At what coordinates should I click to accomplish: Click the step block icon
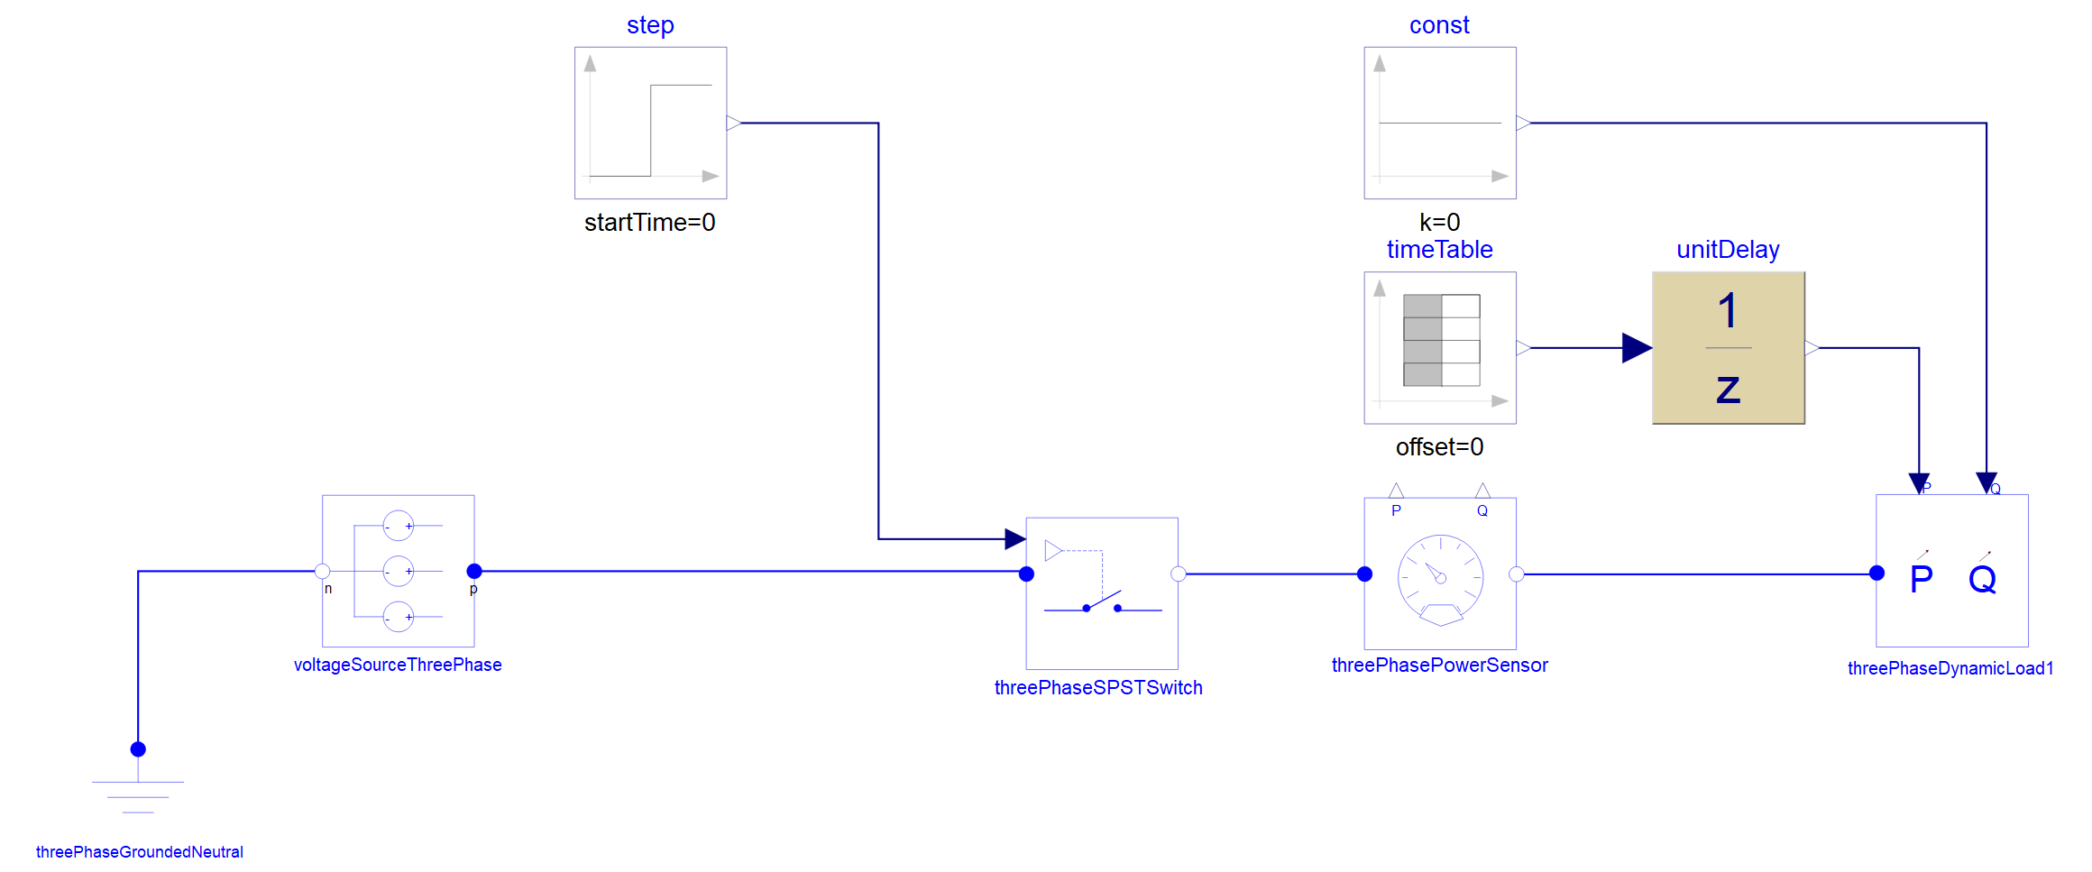tap(650, 123)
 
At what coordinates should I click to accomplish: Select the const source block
tap(1440, 123)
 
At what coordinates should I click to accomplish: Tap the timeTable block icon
tap(1440, 348)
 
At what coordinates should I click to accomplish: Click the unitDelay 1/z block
tap(1729, 348)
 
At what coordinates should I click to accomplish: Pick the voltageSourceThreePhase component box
tap(399, 571)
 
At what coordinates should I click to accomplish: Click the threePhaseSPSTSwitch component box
tap(1102, 593)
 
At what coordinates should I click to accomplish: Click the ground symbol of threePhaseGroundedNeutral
tap(138, 797)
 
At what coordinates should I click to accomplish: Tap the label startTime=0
tap(650, 223)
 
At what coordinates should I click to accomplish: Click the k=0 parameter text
tap(1440, 222)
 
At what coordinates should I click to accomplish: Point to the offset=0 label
tap(1440, 447)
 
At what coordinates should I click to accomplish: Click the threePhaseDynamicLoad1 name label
tap(1950, 668)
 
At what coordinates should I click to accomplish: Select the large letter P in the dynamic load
tap(1922, 579)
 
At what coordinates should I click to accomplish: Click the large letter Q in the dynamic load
tap(1983, 580)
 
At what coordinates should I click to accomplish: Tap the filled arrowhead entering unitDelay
tap(1637, 348)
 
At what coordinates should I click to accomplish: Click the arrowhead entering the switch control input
tap(1015, 539)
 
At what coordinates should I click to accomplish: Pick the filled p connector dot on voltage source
tap(474, 571)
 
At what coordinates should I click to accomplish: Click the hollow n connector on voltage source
tap(322, 571)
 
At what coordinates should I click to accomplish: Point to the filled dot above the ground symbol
tap(138, 749)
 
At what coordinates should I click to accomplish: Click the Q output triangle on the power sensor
tap(1482, 491)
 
